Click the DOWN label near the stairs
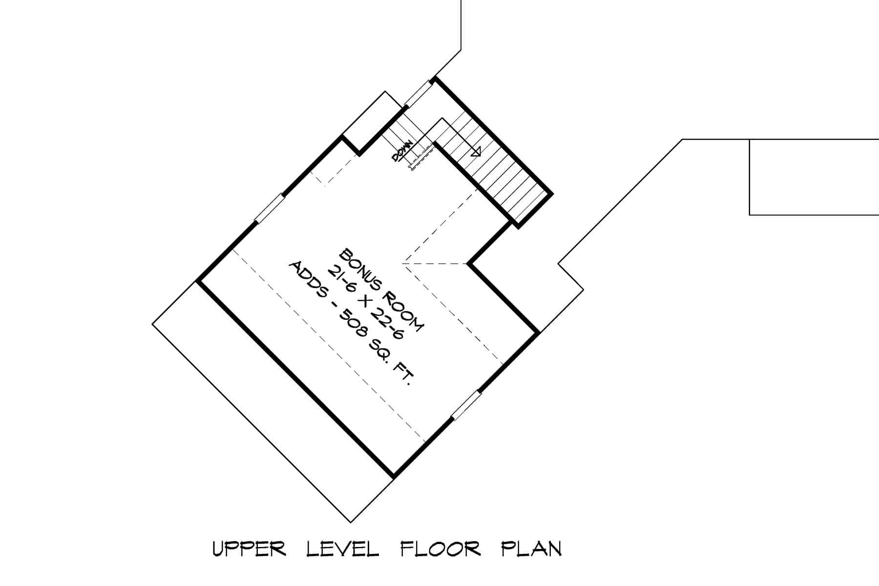tap(402, 151)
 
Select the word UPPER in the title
tap(249, 549)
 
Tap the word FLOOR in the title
tap(440, 549)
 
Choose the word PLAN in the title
tap(532, 549)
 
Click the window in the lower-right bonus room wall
tap(466, 405)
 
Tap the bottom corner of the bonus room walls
tap(394, 476)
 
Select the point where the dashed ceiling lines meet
tap(402, 264)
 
